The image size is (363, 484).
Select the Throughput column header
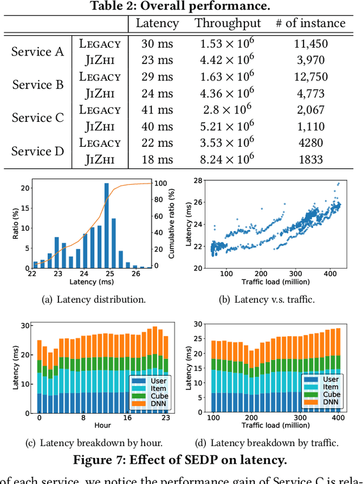(228, 23)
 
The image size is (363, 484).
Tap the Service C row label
(37, 118)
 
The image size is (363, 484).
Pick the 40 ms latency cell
(158, 126)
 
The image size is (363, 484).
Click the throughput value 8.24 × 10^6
(228, 159)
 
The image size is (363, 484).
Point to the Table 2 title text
(181, 6)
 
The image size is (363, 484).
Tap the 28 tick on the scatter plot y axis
(198, 181)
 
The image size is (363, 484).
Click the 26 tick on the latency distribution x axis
(136, 273)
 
